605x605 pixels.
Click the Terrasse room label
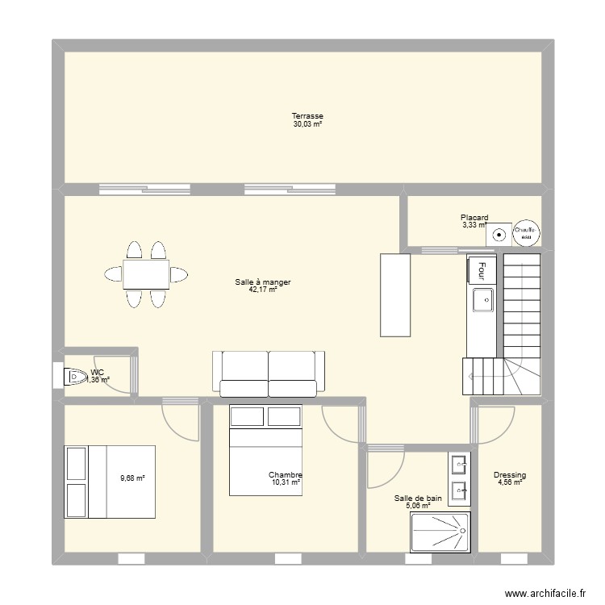[x=308, y=116]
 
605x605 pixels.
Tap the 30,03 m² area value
[x=308, y=124]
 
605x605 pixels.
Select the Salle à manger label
[x=263, y=282]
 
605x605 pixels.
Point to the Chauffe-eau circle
[x=528, y=232]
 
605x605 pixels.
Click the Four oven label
[x=482, y=269]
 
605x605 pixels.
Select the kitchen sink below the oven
[x=482, y=299]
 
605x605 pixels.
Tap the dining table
[x=146, y=274]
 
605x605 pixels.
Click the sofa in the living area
[x=269, y=373]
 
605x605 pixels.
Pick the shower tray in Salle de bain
[x=440, y=533]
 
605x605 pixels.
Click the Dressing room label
[x=510, y=475]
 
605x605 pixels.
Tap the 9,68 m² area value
[x=132, y=478]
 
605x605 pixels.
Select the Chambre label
[x=286, y=475]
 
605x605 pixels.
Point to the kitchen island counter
[x=395, y=294]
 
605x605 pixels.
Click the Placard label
[x=474, y=217]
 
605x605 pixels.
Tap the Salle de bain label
[x=418, y=499]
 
